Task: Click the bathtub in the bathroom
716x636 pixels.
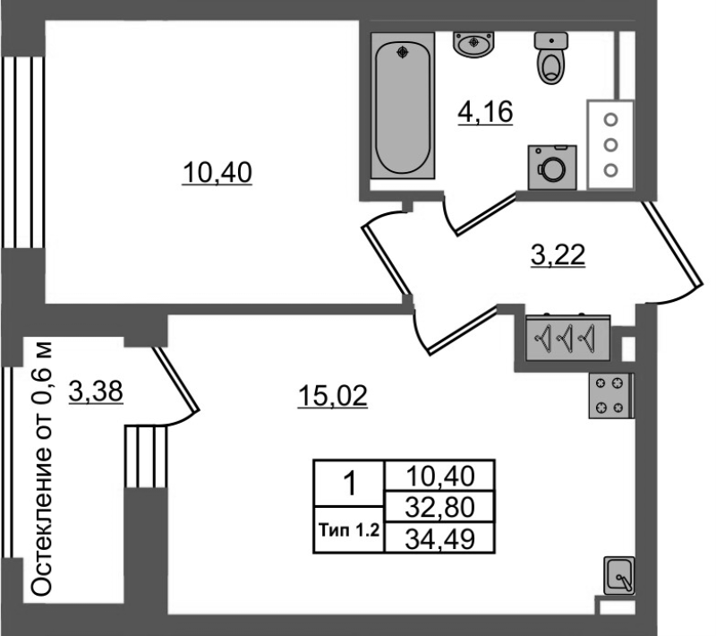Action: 402,106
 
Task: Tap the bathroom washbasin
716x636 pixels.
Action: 474,44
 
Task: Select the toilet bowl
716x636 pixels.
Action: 551,58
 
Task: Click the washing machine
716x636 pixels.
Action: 552,168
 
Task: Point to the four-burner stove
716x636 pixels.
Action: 611,396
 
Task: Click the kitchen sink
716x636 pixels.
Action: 618,575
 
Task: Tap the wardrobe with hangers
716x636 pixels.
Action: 567,338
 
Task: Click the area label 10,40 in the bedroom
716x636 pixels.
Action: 217,173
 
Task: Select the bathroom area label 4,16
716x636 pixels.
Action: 485,112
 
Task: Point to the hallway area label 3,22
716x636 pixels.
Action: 558,255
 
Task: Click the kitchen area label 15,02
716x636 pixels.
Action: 332,396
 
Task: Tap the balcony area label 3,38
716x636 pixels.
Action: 96,391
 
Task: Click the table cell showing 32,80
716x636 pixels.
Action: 439,507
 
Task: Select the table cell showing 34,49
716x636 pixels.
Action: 439,538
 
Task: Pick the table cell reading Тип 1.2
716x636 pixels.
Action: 349,530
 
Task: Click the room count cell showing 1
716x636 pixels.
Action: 349,484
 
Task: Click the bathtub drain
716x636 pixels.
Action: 402,53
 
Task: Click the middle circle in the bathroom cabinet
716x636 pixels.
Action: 610,145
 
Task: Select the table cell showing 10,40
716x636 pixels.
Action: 439,476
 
